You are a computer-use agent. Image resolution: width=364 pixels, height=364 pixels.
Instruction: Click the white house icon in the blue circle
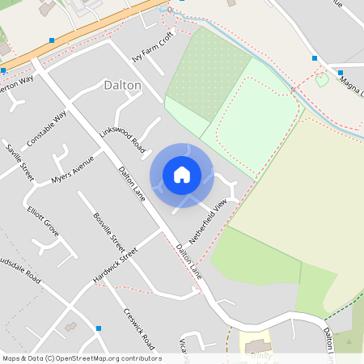click(x=182, y=174)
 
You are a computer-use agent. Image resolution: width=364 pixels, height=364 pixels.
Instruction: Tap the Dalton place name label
click(x=123, y=85)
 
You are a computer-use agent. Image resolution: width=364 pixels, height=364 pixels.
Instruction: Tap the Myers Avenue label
click(x=72, y=170)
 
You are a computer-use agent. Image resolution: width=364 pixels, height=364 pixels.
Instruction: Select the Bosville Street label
click(x=109, y=231)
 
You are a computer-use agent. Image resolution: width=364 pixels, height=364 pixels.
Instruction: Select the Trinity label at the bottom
click(x=260, y=355)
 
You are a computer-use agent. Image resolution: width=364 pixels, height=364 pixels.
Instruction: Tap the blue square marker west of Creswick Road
click(x=99, y=328)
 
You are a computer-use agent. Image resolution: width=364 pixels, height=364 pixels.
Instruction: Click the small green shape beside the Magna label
click(x=322, y=79)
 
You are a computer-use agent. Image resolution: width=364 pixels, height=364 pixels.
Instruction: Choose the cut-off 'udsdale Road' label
click(x=20, y=271)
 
